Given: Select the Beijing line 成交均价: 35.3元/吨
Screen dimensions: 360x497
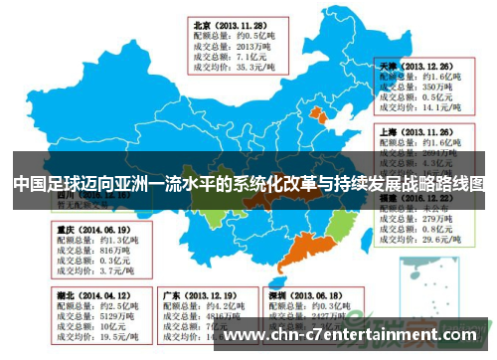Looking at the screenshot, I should (235, 67).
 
